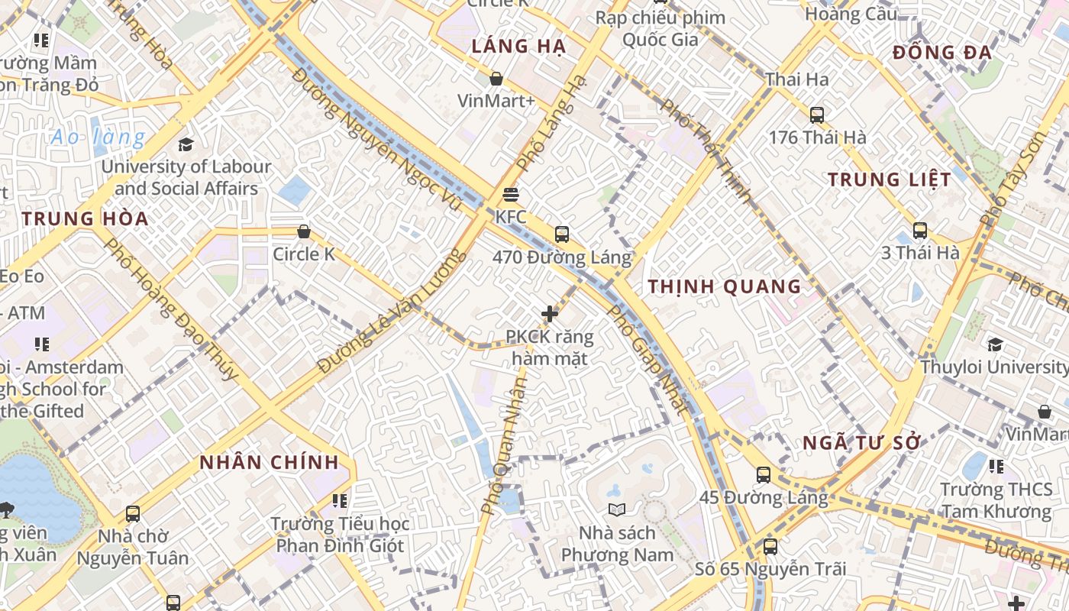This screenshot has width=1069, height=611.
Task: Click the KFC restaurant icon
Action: [x=511, y=194]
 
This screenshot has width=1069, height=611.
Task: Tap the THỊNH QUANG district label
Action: [x=725, y=286]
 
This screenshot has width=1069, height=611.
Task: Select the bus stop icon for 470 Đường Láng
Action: [x=562, y=234]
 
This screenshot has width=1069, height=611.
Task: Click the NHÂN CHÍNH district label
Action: [x=269, y=462]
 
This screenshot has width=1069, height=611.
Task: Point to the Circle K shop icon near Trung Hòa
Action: [x=304, y=231]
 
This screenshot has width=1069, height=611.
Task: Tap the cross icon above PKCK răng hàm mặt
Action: [x=549, y=313]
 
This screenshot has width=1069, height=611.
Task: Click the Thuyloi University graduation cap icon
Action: [x=995, y=344]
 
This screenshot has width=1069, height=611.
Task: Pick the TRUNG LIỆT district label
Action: [x=890, y=179]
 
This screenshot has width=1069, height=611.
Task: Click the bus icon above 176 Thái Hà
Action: [x=817, y=115]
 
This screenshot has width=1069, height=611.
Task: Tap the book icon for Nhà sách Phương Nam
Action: [x=616, y=509]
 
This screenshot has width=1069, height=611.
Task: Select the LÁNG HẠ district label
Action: [x=518, y=47]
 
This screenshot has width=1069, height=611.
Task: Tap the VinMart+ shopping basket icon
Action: [x=496, y=79]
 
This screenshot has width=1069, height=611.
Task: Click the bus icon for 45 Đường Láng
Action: [x=764, y=475]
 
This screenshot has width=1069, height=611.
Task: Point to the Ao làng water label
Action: [x=98, y=137]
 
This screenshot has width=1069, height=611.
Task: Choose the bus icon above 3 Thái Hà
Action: [x=920, y=230]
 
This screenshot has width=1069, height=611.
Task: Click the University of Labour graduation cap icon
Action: [x=186, y=144]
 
